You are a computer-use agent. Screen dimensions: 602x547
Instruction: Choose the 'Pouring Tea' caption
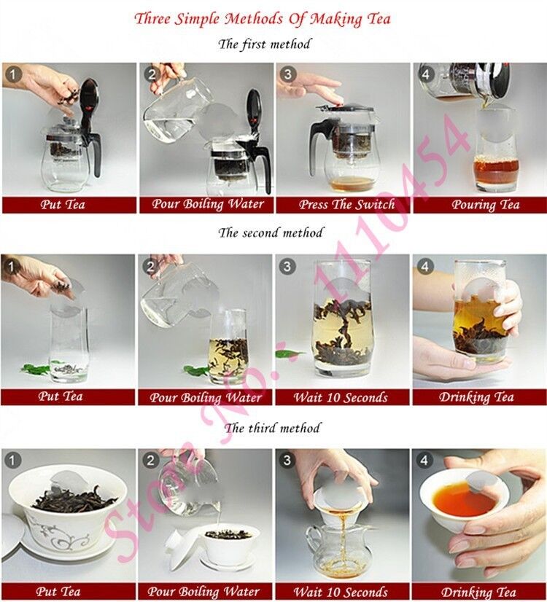coord(479,205)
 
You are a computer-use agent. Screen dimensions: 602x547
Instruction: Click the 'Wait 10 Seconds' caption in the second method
coord(341,398)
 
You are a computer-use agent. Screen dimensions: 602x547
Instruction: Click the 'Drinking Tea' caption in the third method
coord(479,592)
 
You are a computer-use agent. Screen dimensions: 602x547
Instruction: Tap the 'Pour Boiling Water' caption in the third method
coord(203,592)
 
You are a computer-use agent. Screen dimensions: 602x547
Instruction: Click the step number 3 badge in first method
coord(287,74)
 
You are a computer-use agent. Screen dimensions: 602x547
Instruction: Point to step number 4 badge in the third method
coord(425,460)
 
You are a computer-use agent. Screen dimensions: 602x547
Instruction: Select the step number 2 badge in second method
coord(150,266)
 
